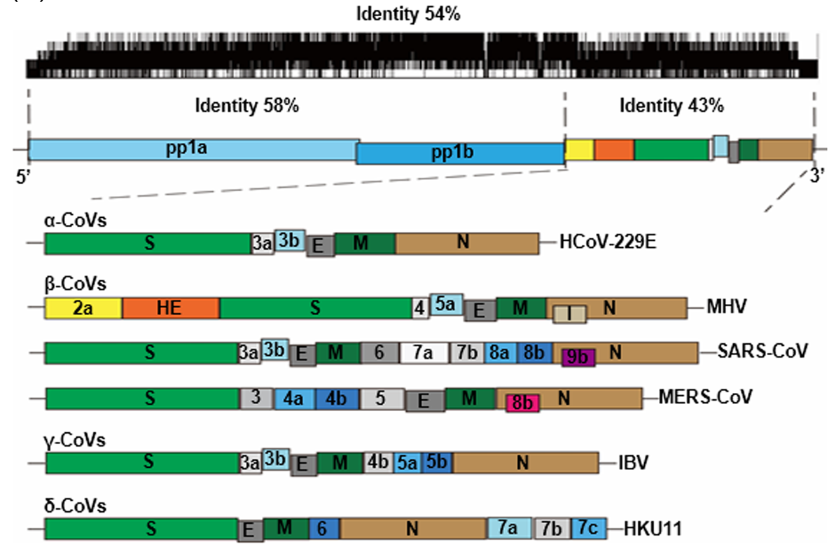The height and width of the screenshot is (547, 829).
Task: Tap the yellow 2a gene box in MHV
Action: pyautogui.click(x=83, y=307)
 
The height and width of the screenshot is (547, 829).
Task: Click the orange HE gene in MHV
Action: pyautogui.click(x=170, y=307)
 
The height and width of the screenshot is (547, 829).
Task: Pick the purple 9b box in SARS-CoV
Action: pyautogui.click(x=578, y=357)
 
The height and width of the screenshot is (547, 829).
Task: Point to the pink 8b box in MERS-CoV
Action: pyautogui.click(x=522, y=402)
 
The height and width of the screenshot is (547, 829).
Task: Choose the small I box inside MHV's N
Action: pyautogui.click(x=569, y=315)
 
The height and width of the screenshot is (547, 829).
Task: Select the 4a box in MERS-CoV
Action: pyautogui.click(x=293, y=398)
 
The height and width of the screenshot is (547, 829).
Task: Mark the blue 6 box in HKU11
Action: pyautogui.click(x=322, y=527)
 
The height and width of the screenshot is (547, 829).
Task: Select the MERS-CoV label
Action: pyautogui.click(x=705, y=397)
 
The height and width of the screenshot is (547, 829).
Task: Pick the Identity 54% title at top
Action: pyautogui.click(x=407, y=13)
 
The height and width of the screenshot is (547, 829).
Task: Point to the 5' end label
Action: pyautogui.click(x=23, y=175)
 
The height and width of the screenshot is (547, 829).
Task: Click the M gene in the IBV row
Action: pyautogui.click(x=340, y=462)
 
